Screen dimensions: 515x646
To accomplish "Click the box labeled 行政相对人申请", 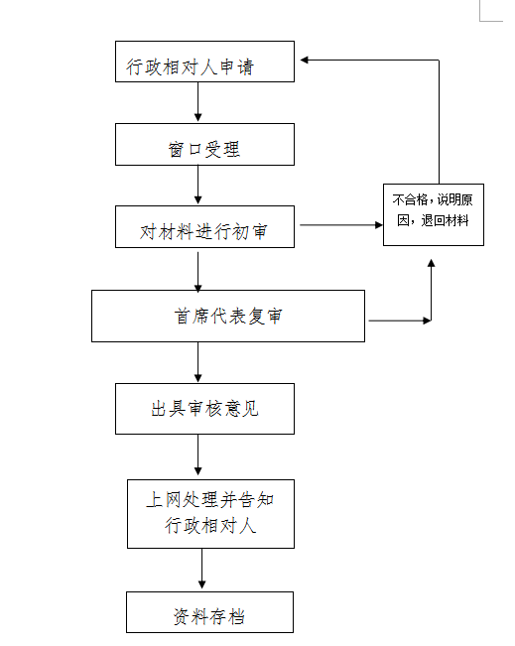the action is [204, 62].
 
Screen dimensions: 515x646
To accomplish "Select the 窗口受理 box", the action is [204, 145].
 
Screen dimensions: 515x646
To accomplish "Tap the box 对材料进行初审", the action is [204, 226].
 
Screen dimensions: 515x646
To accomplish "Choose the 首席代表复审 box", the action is [228, 316].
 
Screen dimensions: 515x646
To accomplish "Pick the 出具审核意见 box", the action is [204, 409].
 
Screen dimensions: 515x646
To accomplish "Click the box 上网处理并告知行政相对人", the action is [210, 514].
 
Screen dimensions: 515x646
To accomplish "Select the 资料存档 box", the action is [209, 612].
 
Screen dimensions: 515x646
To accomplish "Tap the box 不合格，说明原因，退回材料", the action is [434, 214].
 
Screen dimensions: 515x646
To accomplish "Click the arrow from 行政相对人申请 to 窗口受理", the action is [197, 102].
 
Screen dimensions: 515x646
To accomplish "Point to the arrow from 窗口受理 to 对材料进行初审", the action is [197, 185].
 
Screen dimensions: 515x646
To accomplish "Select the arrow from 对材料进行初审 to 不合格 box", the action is [341, 225].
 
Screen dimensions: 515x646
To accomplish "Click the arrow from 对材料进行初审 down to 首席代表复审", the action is [197, 272].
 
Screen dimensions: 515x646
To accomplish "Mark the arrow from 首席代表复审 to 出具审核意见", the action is [197, 362].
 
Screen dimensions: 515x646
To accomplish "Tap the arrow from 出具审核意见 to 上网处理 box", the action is [197, 454].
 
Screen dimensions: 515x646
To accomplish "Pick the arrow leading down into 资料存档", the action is [201, 569].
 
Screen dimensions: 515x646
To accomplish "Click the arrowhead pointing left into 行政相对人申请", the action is [304, 61].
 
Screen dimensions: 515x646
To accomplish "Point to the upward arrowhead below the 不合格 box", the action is [431, 263].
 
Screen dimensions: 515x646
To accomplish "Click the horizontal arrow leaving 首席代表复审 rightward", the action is [400, 321].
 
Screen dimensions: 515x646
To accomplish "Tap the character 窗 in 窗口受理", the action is [176, 149].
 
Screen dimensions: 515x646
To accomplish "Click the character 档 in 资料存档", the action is [236, 617].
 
